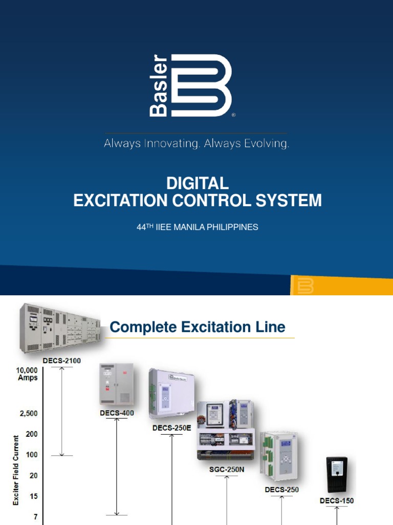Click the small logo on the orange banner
coord(305,286)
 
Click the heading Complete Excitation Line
coord(198,327)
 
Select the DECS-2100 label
coord(61,361)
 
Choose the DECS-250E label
coord(172,428)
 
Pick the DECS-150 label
coord(337,501)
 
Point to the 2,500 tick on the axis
coord(29,413)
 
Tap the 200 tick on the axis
coord(32,434)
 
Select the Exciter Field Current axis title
coord(16,470)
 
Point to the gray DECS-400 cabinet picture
coord(116,385)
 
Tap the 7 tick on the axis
coord(35,517)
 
